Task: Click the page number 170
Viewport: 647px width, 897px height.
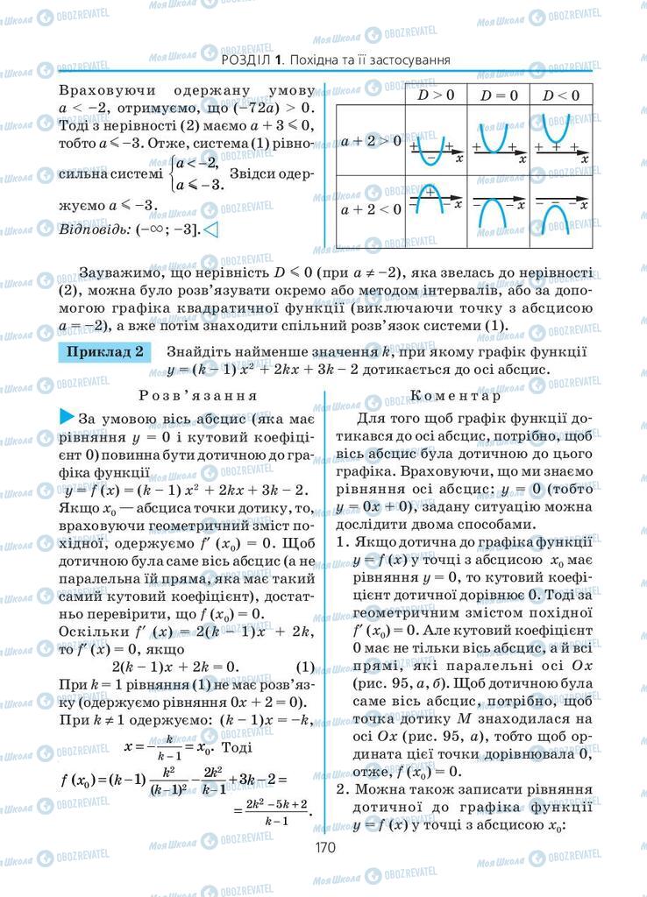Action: point(323,846)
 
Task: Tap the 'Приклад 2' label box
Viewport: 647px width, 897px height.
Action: point(104,352)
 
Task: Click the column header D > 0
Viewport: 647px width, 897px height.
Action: point(435,95)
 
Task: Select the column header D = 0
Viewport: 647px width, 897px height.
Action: point(500,95)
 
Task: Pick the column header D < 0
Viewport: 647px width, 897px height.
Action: point(559,95)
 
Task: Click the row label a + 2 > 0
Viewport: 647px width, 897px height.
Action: point(371,140)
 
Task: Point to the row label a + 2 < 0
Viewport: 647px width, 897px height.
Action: point(371,208)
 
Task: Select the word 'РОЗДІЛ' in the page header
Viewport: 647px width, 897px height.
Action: point(246,60)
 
